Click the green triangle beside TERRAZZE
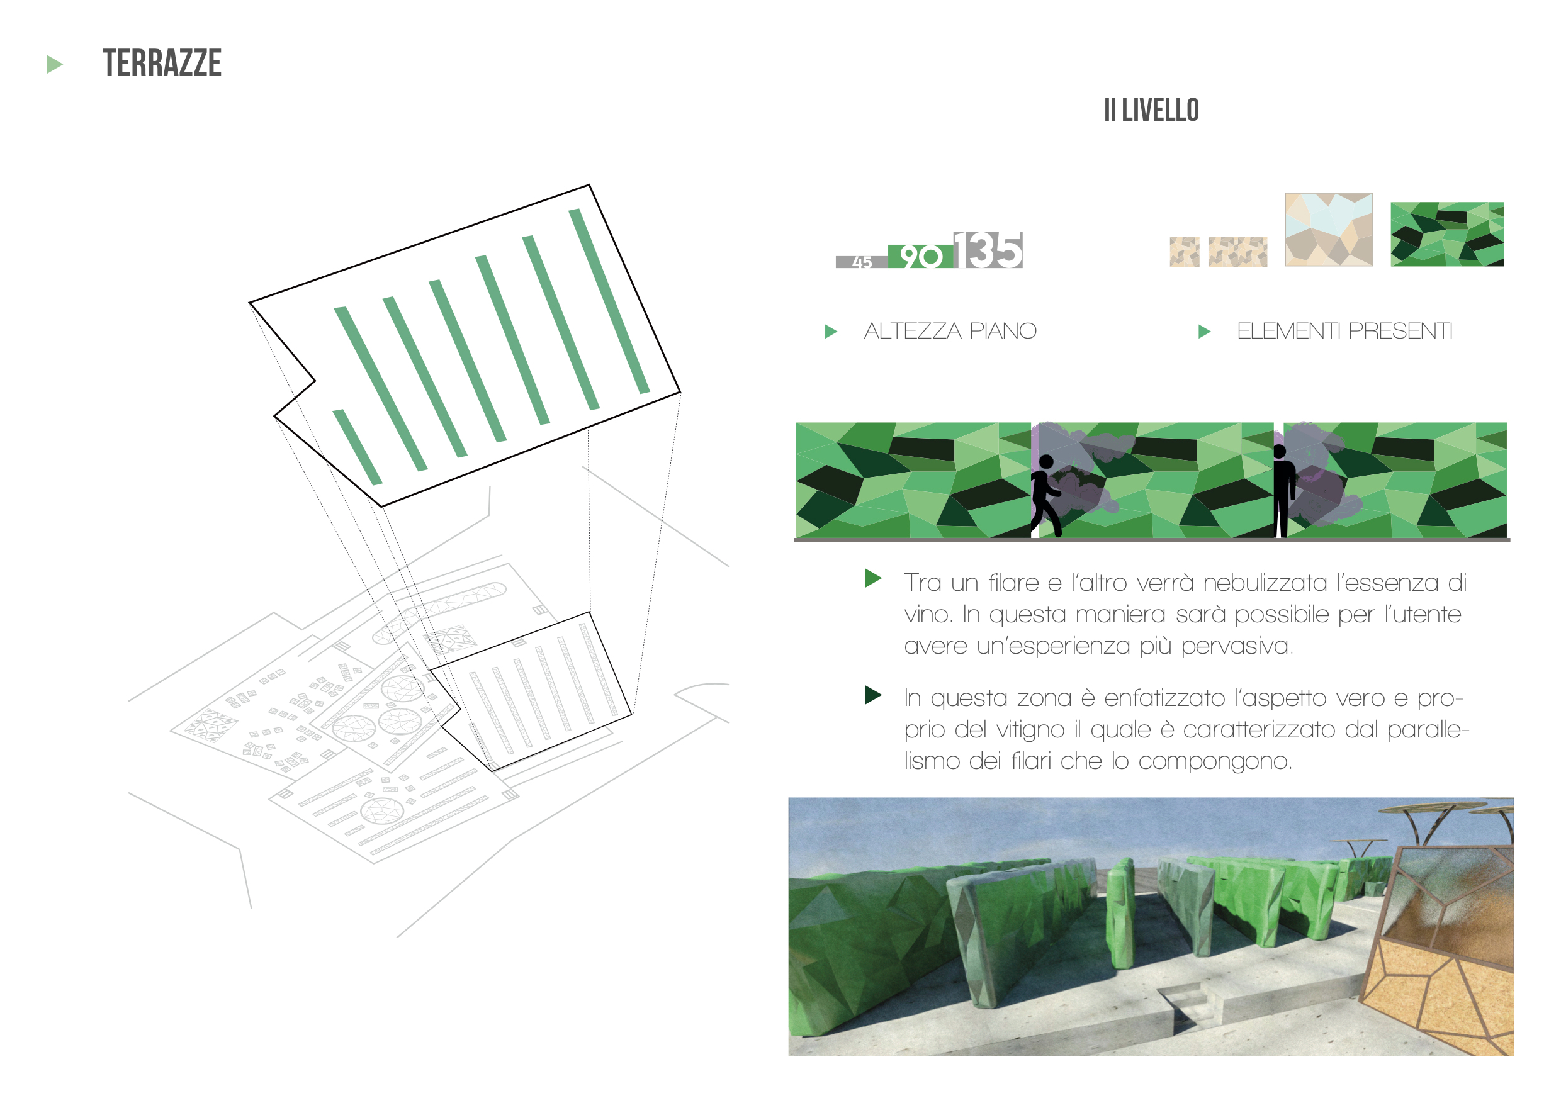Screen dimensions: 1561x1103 point(54,65)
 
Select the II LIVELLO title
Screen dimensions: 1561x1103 point(1151,110)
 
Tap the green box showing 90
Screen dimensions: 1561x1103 point(921,256)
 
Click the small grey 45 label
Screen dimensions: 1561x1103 point(862,262)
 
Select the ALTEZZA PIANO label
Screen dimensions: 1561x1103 point(950,331)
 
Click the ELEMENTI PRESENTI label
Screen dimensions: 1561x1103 point(1344,331)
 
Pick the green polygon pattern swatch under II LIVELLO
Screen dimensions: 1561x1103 point(1447,234)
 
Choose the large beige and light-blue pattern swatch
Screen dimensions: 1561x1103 point(1329,229)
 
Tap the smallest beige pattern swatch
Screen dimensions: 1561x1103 point(1185,252)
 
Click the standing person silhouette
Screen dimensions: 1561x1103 point(1282,491)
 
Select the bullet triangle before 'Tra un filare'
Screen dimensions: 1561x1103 point(873,578)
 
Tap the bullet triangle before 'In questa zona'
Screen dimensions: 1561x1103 point(873,695)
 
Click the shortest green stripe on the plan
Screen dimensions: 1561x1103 point(357,447)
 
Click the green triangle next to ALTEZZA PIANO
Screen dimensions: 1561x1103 point(831,332)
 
